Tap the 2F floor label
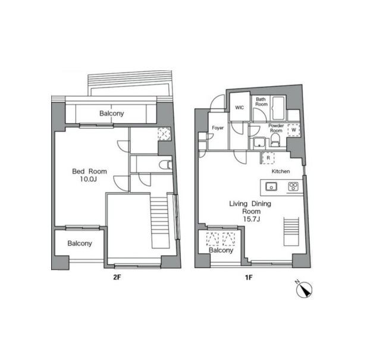coord(117,277)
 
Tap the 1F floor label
coord(248,277)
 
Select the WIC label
coord(239,108)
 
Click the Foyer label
coord(218,128)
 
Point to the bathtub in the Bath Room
coord(278,108)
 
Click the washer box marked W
coord(293,130)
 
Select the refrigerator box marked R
coord(268,158)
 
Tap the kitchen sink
coord(271,187)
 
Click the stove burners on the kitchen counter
coord(293,187)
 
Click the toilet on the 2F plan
coord(166,165)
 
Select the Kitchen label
coord(281,171)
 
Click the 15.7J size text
coord(251,219)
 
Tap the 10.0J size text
coord(89,179)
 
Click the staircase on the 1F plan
coord(291,231)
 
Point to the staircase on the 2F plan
coord(160,223)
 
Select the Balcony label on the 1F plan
coord(221,251)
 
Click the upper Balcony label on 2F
coord(111,114)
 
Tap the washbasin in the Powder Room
coord(259,143)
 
